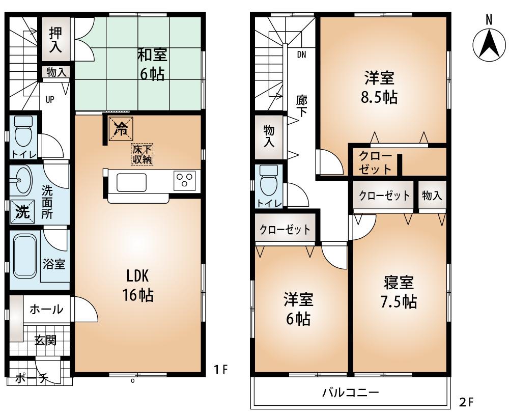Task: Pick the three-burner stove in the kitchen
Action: tap(184, 181)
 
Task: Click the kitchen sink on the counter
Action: tap(132, 182)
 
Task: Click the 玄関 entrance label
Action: tap(45, 341)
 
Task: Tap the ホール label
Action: tap(45, 309)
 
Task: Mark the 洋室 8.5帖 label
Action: tap(379, 88)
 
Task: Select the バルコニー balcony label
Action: tap(350, 393)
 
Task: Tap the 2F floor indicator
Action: tap(466, 402)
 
